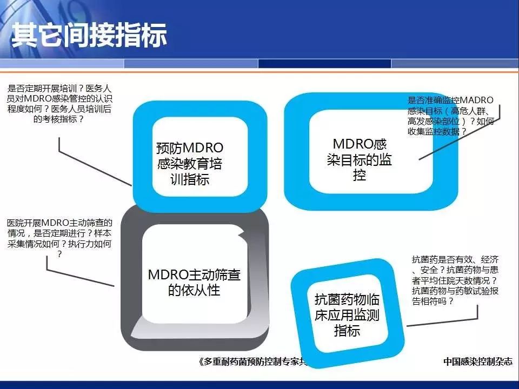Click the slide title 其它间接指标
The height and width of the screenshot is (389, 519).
pos(89,35)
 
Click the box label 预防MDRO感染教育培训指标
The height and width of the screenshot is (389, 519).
pos(190,163)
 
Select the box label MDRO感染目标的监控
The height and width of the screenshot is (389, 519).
pos(360,159)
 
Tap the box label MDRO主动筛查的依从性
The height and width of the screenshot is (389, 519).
pos(194,282)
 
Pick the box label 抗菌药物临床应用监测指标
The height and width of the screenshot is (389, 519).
pos(347,314)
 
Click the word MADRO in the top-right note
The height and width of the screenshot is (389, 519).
pos(477,100)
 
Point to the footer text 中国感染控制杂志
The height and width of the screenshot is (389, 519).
pos(477,361)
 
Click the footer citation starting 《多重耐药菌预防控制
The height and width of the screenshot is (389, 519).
pos(253,361)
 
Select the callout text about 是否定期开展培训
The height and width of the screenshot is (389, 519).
pos(59,104)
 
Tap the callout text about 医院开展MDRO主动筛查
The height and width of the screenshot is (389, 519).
pos(59,238)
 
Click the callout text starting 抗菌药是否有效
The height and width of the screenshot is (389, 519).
pos(455,280)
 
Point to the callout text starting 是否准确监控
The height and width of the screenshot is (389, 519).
pos(451,116)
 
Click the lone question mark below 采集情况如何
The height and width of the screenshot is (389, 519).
pos(59,254)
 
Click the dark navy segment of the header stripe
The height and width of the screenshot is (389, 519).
pos(324,64)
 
